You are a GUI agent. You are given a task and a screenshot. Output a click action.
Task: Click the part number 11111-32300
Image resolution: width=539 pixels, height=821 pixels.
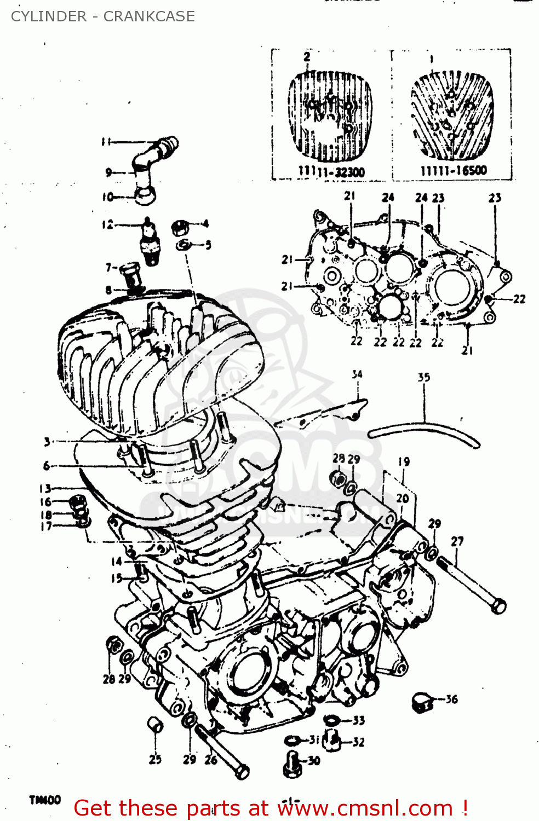click(331, 172)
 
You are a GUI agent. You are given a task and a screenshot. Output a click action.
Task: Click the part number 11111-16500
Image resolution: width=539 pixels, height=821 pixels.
click(454, 171)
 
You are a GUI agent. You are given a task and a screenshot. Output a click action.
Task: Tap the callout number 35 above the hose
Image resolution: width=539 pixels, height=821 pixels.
click(424, 377)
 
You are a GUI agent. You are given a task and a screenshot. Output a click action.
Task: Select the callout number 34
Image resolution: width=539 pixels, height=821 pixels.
click(357, 374)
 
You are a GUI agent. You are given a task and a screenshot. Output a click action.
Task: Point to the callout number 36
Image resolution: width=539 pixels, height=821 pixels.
click(451, 699)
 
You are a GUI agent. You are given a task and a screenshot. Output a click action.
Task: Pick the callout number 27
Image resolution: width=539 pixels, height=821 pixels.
click(457, 541)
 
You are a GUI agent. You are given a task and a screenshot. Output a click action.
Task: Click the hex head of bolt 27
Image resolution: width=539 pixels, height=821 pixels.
click(498, 606)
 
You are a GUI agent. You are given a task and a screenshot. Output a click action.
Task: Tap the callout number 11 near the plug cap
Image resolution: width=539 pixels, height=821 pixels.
click(106, 142)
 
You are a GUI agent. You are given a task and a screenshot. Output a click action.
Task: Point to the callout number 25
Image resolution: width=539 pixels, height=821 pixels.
click(155, 759)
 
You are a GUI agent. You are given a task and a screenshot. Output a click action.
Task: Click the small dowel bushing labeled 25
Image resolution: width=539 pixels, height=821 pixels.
click(155, 725)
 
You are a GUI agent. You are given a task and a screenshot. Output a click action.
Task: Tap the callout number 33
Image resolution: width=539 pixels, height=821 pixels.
click(359, 720)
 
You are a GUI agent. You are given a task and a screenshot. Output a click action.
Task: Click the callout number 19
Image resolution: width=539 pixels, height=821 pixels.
click(404, 461)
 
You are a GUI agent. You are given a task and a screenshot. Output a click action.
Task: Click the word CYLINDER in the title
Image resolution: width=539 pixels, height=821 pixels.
click(49, 16)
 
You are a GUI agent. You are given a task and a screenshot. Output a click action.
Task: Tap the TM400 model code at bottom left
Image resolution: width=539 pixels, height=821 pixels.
click(45, 800)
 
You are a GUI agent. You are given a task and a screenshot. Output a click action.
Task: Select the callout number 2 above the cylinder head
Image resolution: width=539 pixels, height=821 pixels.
click(307, 56)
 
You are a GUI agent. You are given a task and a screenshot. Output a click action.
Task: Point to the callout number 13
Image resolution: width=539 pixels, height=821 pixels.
click(45, 488)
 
